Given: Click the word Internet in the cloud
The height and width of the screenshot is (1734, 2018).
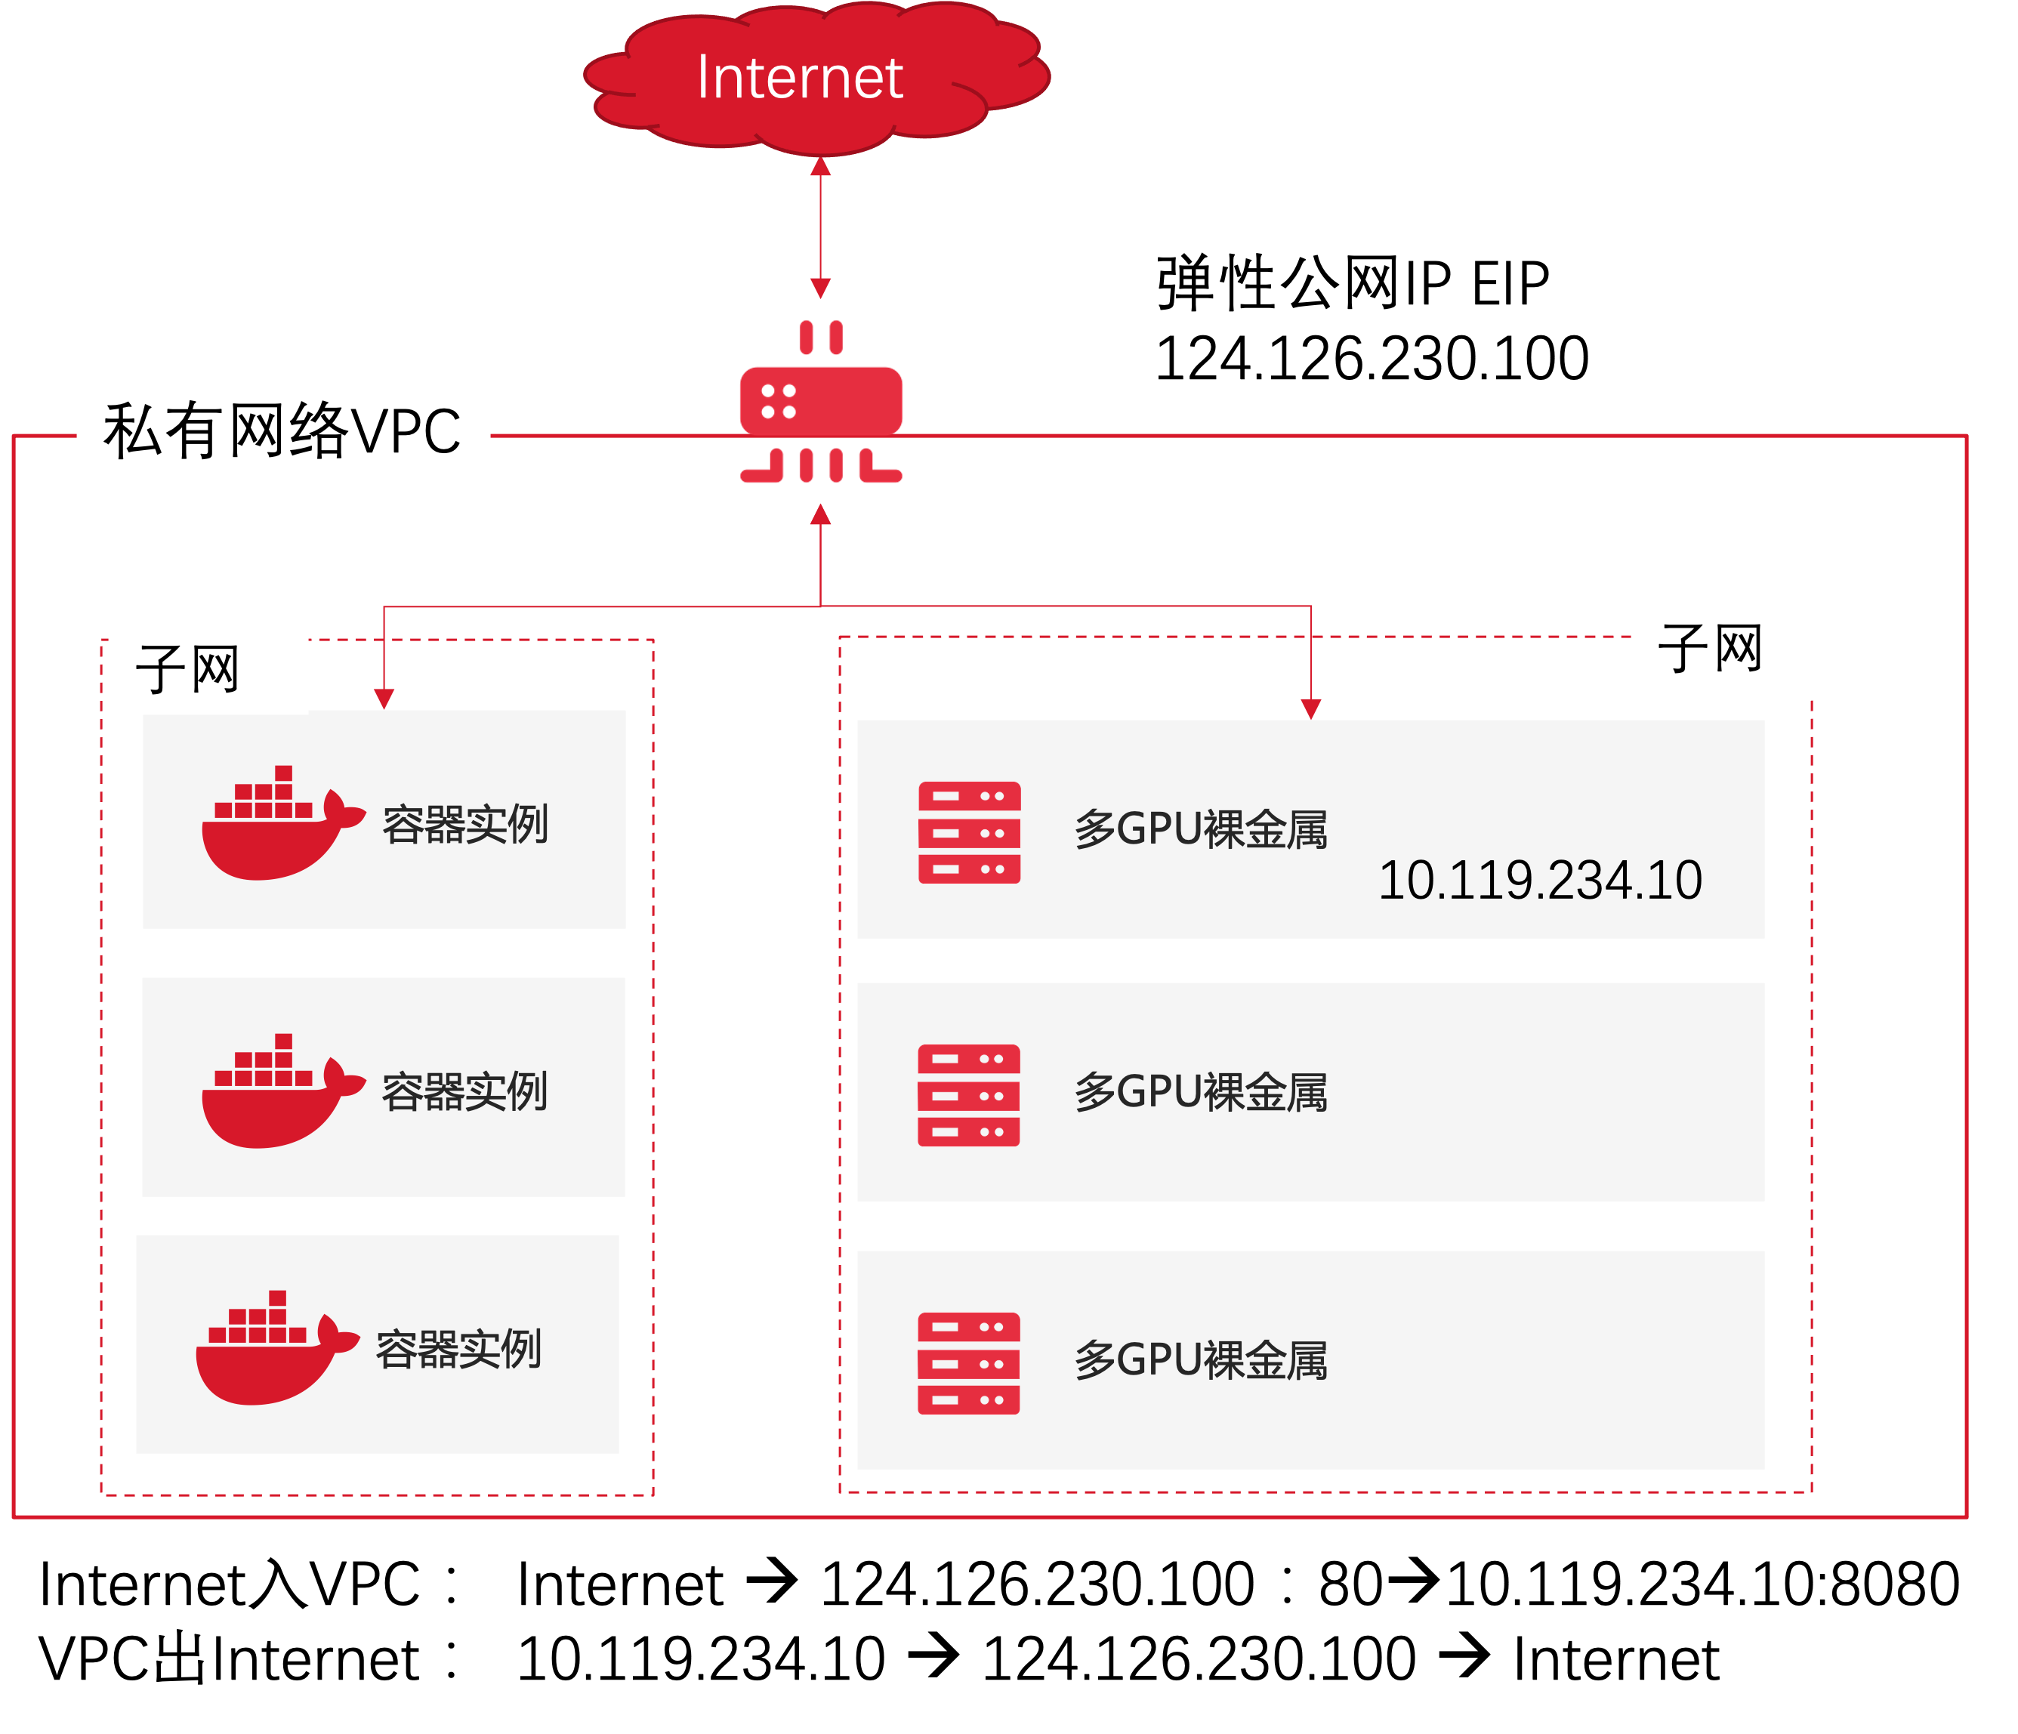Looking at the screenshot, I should coord(800,78).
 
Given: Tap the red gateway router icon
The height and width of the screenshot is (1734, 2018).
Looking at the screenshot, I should coord(821,401).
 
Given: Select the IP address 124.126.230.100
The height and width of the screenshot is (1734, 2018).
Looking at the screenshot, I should coord(1372,359).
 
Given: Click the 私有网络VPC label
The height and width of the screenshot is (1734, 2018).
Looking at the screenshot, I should coord(282,430).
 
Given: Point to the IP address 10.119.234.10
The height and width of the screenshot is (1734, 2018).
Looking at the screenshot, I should coord(1540,881).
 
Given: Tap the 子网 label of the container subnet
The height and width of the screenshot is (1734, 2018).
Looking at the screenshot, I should coord(188,669).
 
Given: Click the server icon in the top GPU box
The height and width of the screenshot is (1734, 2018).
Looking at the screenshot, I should coord(969,833).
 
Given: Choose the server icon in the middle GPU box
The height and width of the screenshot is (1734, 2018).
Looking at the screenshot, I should coord(968,1096).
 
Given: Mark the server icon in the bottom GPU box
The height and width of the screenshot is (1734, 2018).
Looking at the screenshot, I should coord(968,1364).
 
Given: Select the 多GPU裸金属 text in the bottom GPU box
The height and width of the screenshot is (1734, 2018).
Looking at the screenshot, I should coord(1201,1361).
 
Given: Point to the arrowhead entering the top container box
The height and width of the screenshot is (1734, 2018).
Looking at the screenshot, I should coord(384,699).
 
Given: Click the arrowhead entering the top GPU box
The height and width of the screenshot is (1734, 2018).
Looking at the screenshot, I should coord(1311,708).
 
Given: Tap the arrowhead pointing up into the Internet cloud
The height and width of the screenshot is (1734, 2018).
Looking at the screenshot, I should coord(821,168).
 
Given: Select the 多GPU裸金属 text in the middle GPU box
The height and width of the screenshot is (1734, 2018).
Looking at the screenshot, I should coord(1201,1093).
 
